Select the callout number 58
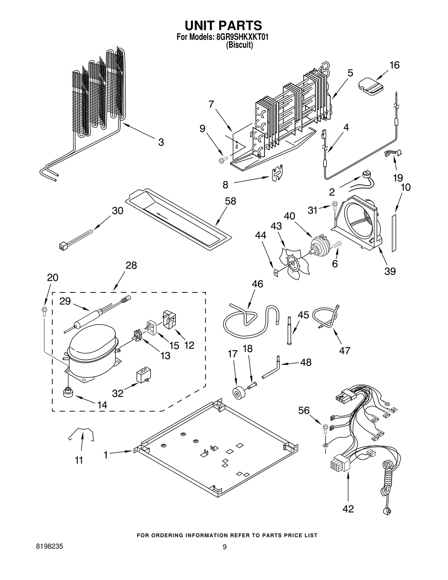(230, 201)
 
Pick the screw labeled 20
(44, 311)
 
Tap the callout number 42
(348, 509)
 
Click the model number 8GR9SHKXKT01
(242, 37)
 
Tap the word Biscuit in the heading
(239, 45)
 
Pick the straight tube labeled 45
(289, 330)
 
